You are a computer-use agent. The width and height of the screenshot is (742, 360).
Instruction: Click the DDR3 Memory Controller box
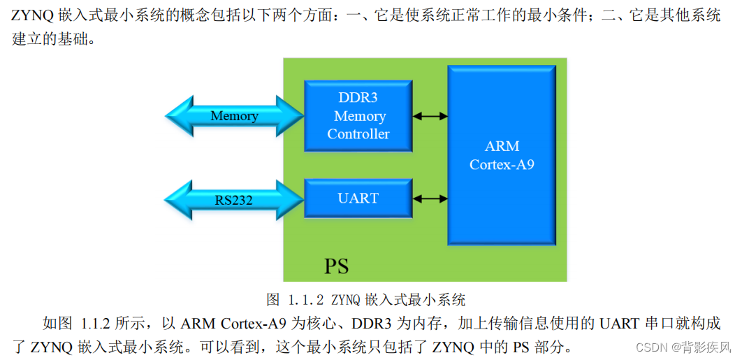click(358, 115)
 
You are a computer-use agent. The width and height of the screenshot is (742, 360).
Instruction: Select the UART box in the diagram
click(358, 199)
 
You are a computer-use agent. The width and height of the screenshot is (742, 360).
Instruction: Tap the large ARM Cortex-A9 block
click(502, 155)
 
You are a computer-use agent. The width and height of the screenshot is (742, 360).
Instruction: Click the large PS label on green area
click(336, 266)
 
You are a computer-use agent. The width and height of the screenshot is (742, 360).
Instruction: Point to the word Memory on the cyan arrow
click(234, 116)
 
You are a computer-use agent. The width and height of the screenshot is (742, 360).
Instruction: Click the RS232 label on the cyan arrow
click(233, 201)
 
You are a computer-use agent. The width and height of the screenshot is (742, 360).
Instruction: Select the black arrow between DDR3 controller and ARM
click(430, 116)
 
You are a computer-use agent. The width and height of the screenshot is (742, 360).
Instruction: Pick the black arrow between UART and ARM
click(430, 199)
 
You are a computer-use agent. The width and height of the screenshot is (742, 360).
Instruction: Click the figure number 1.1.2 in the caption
click(305, 301)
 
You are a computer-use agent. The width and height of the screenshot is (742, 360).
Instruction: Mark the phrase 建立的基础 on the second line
click(48, 38)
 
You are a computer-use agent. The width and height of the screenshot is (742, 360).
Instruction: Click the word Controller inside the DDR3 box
click(358, 134)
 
